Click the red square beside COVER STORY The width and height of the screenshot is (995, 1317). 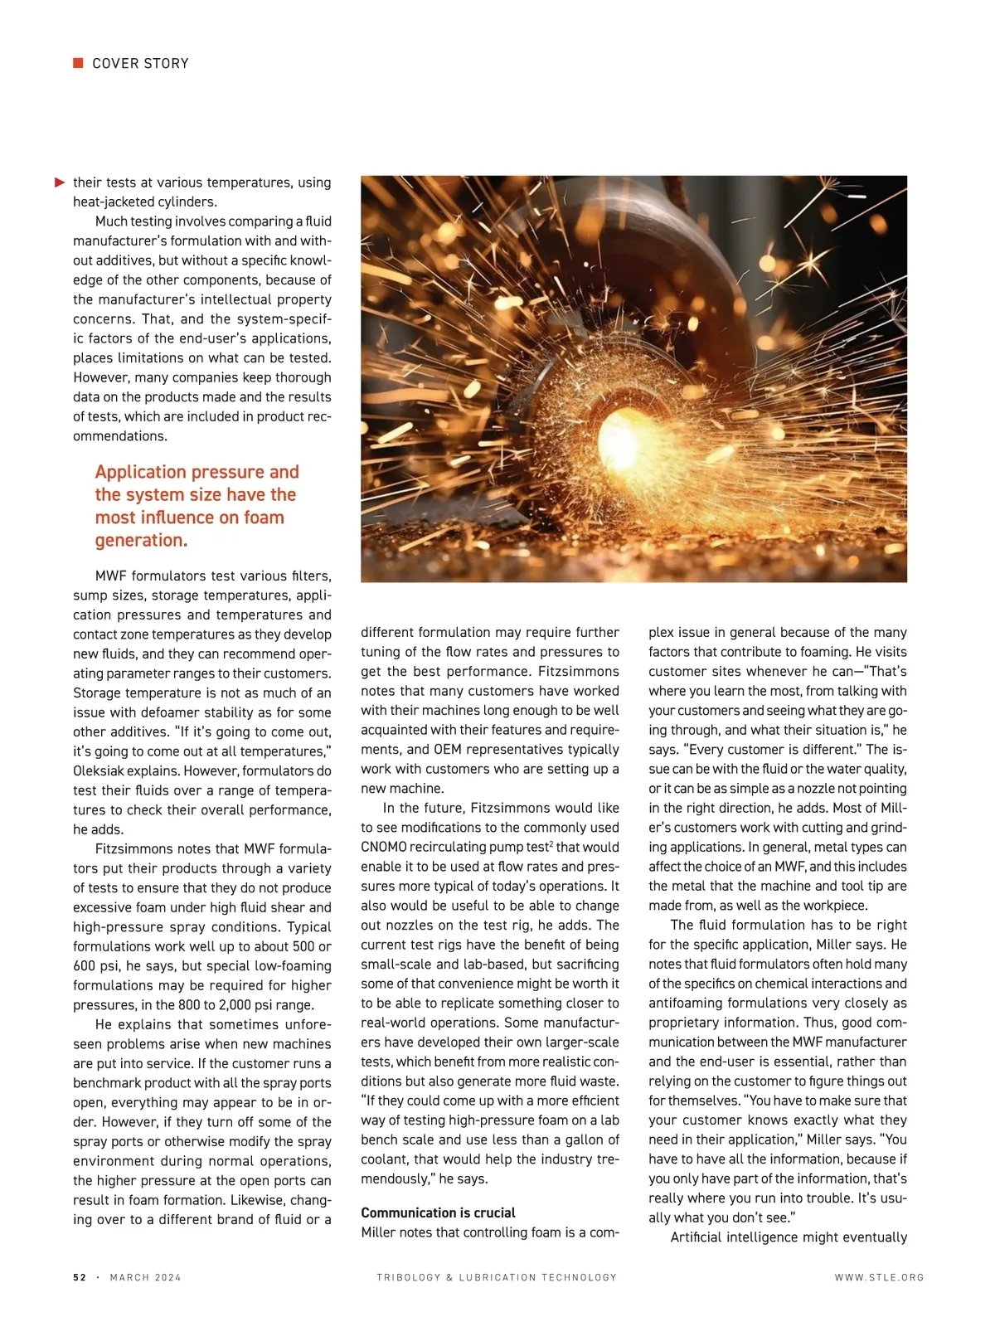point(78,63)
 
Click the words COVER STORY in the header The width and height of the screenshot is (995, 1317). point(140,64)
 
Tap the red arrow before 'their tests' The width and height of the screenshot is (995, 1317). point(60,182)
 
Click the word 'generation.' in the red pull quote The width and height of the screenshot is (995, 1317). point(141,540)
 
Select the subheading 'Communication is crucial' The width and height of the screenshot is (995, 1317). point(438,1213)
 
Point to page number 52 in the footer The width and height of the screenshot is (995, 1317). point(80,1277)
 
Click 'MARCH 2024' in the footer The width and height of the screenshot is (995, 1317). point(145,1277)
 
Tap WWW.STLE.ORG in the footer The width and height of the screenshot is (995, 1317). point(879,1277)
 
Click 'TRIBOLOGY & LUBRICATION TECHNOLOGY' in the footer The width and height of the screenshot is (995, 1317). point(497,1277)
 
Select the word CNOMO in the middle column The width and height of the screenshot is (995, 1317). point(383,847)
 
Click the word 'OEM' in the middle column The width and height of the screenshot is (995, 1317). point(447,749)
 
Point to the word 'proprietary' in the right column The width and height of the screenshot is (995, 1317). point(686,1023)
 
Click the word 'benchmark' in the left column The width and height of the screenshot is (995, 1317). point(107,1083)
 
